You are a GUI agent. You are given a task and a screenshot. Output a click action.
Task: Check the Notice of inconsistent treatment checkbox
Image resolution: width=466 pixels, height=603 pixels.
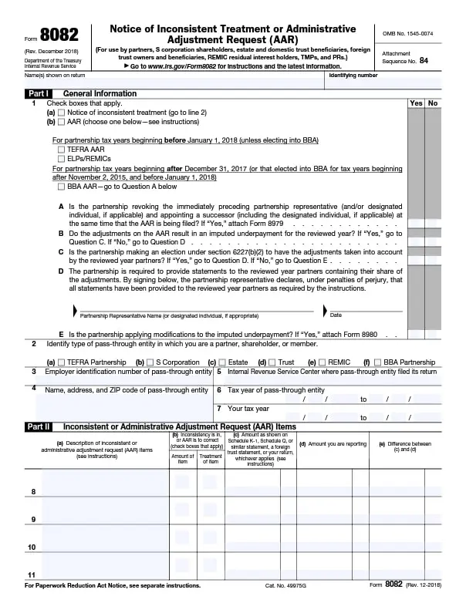[61, 113]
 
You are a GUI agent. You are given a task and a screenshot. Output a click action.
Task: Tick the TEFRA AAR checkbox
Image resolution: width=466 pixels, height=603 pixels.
[61, 149]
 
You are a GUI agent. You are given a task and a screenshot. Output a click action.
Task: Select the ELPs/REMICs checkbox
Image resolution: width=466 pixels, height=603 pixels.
[61, 158]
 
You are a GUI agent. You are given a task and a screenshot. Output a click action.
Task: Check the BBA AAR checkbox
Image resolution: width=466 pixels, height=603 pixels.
[61, 186]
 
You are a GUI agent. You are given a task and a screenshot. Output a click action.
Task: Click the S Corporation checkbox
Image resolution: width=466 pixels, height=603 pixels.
[150, 362]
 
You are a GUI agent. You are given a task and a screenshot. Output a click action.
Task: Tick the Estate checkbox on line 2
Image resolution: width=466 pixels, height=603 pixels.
[221, 362]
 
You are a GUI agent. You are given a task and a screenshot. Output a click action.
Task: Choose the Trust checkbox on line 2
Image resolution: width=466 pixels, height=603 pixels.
[272, 362]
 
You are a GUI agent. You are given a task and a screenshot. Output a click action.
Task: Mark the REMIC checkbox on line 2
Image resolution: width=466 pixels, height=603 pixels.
[322, 362]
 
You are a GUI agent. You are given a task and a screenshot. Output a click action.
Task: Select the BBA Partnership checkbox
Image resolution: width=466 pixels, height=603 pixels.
[378, 362]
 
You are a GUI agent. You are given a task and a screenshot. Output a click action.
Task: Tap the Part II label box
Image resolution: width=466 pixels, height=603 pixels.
[38, 426]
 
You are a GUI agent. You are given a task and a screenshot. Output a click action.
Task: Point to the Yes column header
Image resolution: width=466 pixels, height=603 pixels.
[417, 103]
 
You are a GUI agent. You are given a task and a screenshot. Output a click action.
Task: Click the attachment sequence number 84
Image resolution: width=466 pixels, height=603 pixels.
[424, 59]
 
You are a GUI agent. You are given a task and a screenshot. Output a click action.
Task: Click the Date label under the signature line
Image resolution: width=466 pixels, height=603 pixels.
[336, 315]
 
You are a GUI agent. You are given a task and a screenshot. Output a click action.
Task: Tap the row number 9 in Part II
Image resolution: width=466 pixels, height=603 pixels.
[32, 520]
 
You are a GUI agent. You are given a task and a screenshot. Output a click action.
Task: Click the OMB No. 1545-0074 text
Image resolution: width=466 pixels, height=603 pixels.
[408, 33]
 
